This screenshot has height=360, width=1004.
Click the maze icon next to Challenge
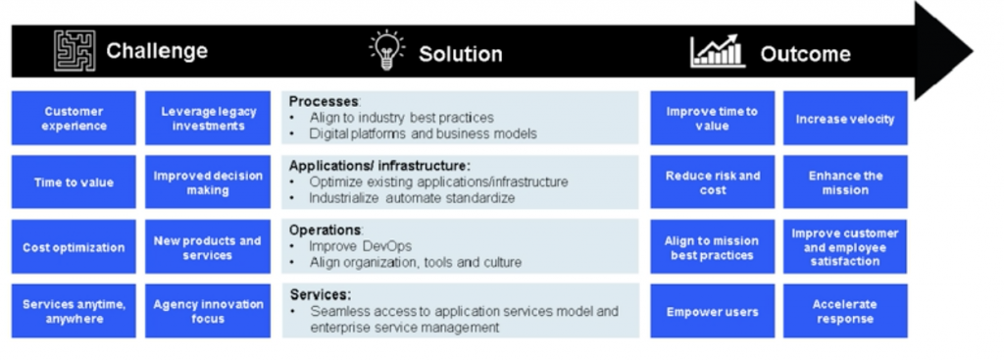click(75, 51)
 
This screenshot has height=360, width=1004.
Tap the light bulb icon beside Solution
click(387, 50)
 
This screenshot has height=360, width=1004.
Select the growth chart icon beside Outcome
click(718, 51)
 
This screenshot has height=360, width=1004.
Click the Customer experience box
click(74, 118)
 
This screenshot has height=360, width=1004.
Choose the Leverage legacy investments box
click(208, 118)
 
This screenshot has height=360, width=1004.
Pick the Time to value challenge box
click(74, 181)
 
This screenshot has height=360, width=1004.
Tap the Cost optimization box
click(74, 246)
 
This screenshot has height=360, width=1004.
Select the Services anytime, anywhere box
click(74, 311)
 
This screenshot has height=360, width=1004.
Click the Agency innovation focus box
click(208, 311)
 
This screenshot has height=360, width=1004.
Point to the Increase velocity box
click(845, 118)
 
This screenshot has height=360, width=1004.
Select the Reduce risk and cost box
click(713, 181)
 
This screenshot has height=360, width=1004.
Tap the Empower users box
click(713, 311)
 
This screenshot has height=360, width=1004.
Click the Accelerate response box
click(845, 311)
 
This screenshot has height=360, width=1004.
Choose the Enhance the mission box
click(845, 181)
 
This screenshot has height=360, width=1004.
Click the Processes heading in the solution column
click(325, 101)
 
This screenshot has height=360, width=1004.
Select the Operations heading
click(326, 230)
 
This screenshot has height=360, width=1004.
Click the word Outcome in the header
click(806, 54)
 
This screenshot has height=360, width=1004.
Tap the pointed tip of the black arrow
click(973, 51)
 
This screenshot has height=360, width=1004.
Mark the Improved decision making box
click(208, 181)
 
